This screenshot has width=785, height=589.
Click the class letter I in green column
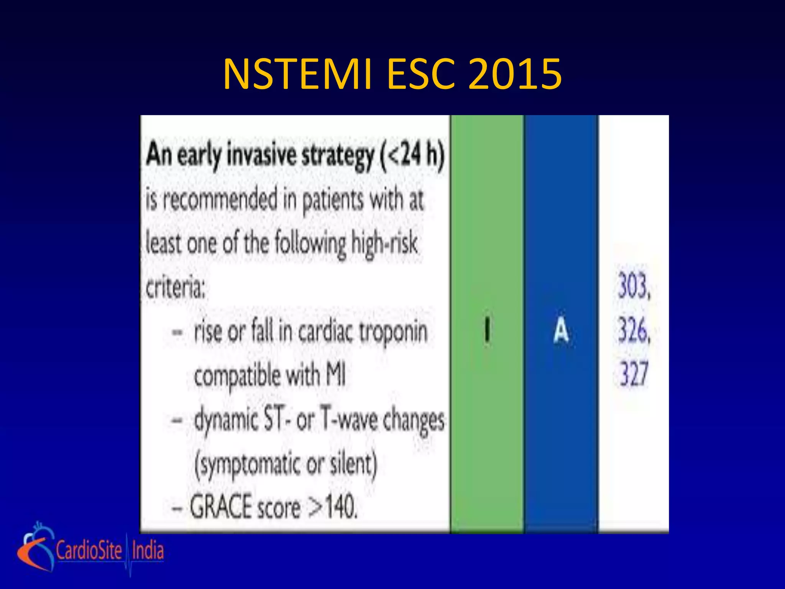487,331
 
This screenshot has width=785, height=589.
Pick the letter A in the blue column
561,331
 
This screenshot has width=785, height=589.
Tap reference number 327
634,373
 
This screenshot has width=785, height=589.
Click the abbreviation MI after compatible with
335,375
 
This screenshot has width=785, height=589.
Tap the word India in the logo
148,550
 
